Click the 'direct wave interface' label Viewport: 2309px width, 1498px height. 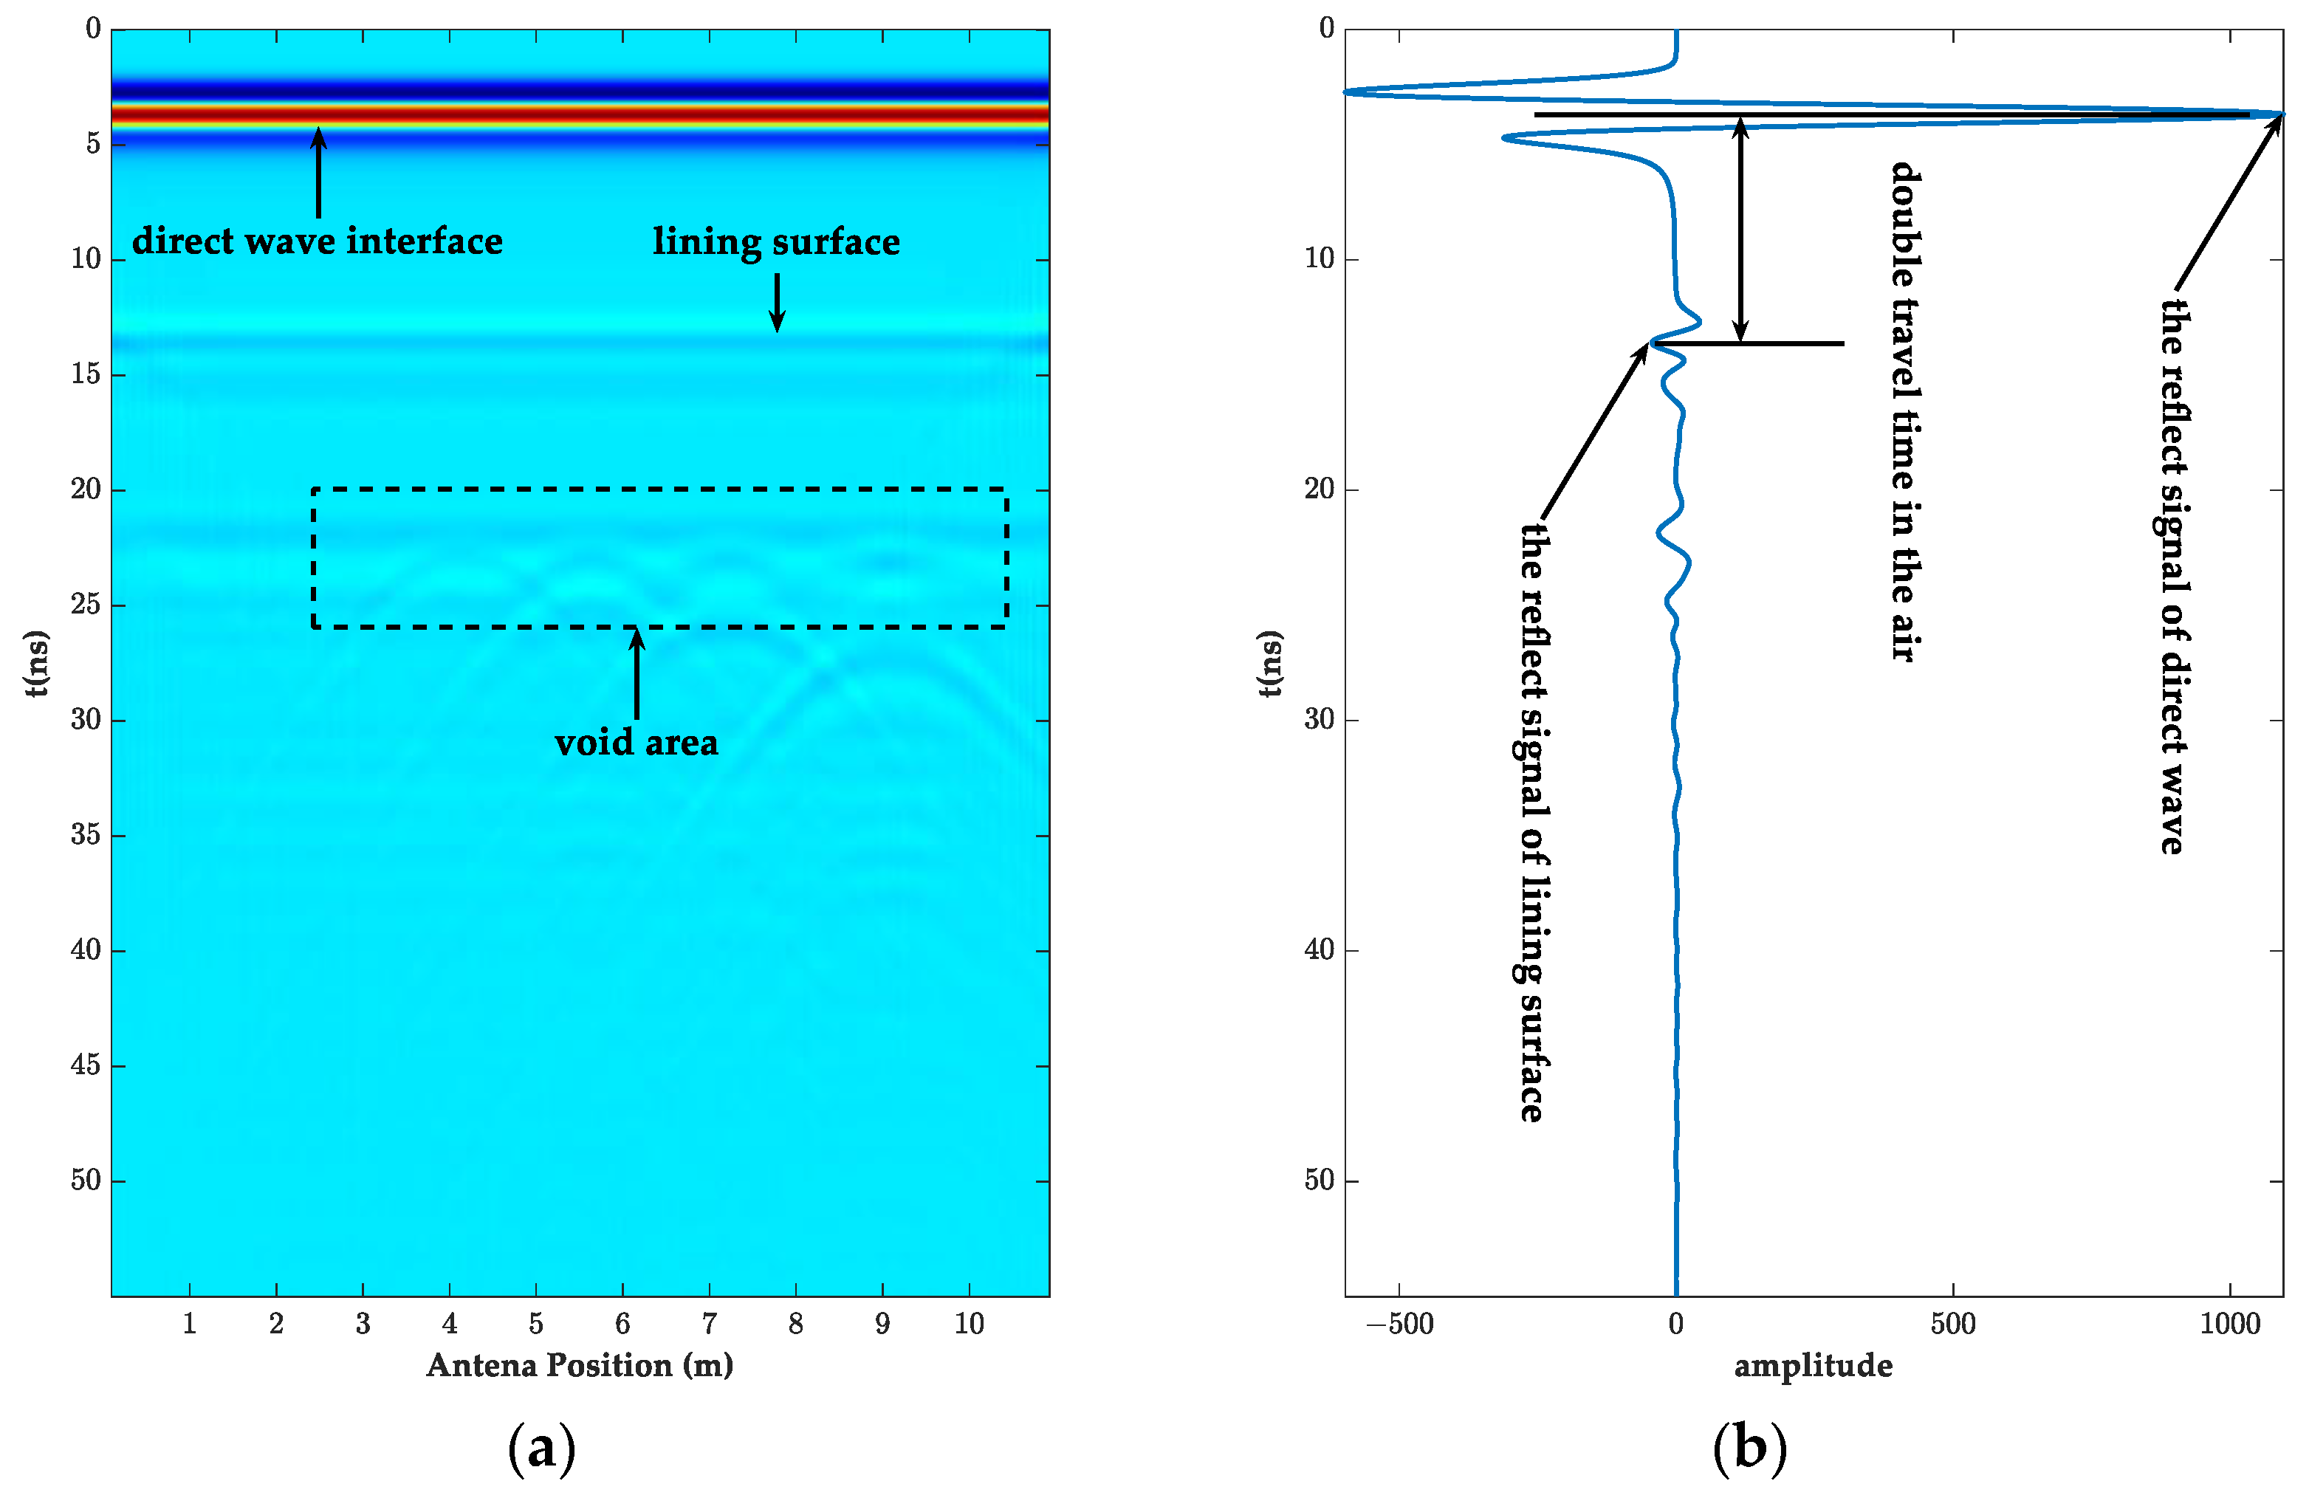tap(318, 241)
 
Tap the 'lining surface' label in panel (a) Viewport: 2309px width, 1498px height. tap(776, 241)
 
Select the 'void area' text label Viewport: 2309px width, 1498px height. tap(637, 742)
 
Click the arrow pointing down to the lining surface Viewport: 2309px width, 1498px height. tap(776, 302)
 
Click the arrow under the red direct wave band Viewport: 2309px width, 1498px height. tap(318, 173)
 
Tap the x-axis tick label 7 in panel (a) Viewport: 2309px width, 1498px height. tap(709, 1323)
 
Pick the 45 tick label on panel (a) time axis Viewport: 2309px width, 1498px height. tap(86, 1065)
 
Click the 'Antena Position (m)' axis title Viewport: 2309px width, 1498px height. tap(579, 1365)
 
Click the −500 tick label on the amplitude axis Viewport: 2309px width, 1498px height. tap(1399, 1323)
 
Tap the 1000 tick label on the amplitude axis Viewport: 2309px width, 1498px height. tap(2229, 1323)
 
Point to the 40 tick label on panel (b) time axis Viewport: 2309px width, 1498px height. tap(1320, 950)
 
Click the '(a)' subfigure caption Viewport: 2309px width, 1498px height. tap(541, 1449)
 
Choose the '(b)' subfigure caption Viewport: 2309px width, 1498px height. tap(1749, 1449)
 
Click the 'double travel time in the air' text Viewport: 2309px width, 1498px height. tap(1905, 413)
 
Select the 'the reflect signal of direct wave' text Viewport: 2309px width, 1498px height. tap(2173, 577)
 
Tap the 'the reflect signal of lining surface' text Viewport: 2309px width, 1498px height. tap(1532, 822)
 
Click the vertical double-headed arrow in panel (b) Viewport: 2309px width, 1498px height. tap(1741, 229)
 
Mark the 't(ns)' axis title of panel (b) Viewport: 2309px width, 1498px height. tap(1270, 664)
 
